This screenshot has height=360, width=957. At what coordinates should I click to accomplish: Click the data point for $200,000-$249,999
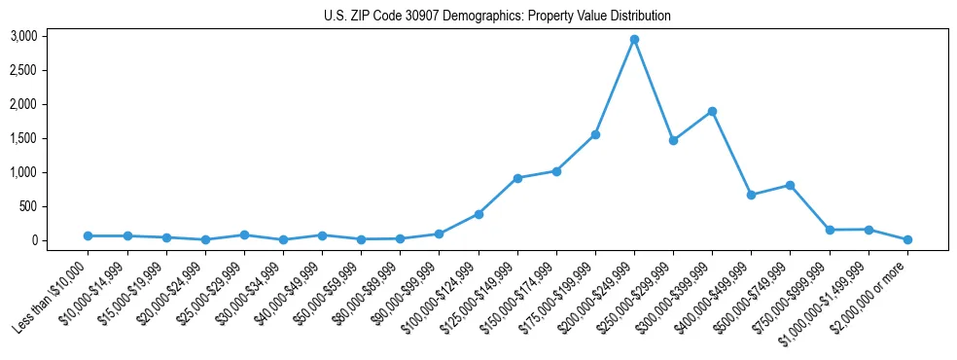(634, 39)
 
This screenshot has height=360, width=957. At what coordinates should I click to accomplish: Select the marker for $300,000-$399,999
(712, 111)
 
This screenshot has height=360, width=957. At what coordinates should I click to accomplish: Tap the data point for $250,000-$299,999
(673, 140)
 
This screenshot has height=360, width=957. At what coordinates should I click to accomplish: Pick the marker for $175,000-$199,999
(595, 134)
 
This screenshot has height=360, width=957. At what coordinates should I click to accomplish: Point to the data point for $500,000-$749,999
(790, 185)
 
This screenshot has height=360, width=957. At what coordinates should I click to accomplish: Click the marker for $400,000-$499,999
(751, 195)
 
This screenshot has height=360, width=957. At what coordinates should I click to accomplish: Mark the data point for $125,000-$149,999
(517, 178)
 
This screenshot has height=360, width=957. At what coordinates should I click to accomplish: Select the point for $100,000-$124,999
(478, 214)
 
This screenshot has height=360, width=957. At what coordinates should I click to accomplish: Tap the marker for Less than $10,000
(89, 235)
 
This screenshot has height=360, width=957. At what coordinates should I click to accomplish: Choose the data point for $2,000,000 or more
(907, 239)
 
